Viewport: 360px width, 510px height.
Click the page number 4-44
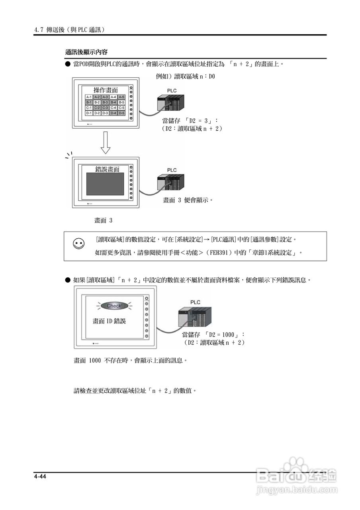tap(40, 477)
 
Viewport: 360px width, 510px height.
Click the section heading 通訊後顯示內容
tap(86, 52)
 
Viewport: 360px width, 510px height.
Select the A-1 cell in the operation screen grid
tap(89, 97)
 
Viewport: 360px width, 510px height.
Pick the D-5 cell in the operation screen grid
tap(121, 113)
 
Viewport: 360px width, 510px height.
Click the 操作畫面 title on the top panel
tap(106, 90)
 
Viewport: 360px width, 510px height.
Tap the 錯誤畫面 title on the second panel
tap(107, 169)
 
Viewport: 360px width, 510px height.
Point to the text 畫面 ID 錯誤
tap(109, 321)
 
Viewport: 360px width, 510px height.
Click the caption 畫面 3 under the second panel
tap(103, 220)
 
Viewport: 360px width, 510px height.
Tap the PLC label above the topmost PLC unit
tap(172, 91)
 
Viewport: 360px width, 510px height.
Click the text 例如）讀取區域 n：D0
tap(186, 76)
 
